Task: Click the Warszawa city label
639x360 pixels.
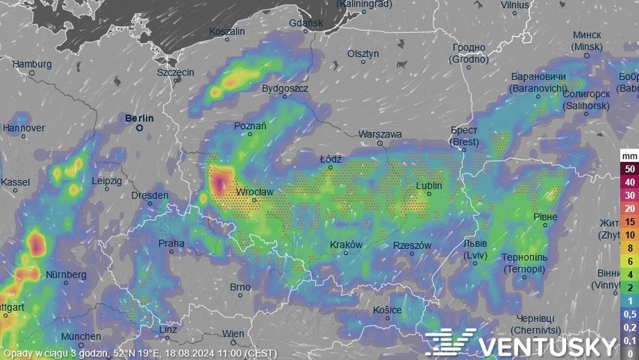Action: click(x=380, y=133)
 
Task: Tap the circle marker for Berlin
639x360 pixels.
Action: click(x=139, y=128)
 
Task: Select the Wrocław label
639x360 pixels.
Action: click(x=255, y=191)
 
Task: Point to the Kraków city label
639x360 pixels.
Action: click(x=346, y=245)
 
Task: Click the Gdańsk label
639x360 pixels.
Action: click(x=306, y=23)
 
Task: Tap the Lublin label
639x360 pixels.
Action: click(x=429, y=186)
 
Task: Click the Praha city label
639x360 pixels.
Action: click(x=172, y=243)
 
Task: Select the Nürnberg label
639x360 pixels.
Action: click(x=66, y=275)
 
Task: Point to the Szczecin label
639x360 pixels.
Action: click(x=176, y=72)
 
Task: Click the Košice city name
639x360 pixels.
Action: click(x=387, y=309)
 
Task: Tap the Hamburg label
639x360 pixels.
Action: click(x=32, y=64)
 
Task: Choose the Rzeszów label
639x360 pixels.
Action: click(x=413, y=245)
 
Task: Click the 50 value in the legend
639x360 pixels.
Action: click(x=629, y=169)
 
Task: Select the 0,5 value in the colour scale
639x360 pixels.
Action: click(x=629, y=314)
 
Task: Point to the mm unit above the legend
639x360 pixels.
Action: click(x=629, y=156)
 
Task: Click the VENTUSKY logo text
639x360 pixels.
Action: click(x=547, y=346)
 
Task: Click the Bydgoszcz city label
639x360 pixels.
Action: click(x=285, y=89)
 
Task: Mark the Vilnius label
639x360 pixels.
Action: click(x=515, y=5)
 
